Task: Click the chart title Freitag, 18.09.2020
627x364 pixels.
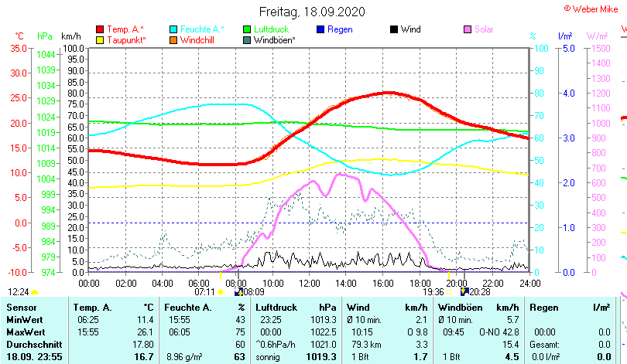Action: click(312, 12)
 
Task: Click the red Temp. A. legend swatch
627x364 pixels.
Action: click(100, 29)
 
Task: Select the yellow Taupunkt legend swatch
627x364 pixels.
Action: click(100, 39)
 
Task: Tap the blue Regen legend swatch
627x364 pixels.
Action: click(320, 29)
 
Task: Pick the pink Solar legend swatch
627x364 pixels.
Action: click(468, 29)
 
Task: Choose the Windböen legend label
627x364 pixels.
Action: click(274, 39)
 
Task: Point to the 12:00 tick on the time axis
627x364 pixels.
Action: click(309, 283)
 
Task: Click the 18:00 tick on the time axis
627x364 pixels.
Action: click(420, 283)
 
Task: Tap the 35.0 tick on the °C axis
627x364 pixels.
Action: click(18, 48)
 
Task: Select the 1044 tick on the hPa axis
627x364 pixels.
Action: click(46, 54)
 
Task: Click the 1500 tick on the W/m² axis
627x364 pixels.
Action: click(600, 48)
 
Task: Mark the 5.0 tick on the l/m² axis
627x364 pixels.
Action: click(568, 48)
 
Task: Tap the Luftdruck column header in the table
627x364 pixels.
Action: click(266, 308)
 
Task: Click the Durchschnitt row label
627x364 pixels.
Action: click(32, 344)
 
